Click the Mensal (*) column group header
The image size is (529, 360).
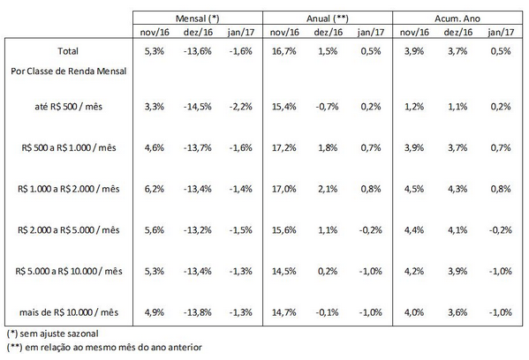(197, 19)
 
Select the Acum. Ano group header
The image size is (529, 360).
(457, 19)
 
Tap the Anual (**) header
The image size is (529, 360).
(328, 19)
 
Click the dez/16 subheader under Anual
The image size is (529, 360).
(328, 32)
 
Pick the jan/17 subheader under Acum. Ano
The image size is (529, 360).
(501, 32)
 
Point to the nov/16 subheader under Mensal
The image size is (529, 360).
(155, 32)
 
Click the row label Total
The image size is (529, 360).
(68, 51)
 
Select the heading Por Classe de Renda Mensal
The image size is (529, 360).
(69, 71)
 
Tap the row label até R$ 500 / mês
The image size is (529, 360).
(69, 107)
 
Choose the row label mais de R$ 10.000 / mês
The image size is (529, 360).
(69, 312)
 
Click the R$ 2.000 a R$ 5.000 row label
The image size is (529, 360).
(69, 230)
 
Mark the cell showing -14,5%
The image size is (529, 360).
(197, 107)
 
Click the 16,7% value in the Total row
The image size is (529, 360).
(284, 51)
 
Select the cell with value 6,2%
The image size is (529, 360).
(155, 189)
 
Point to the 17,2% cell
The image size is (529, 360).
(284, 147)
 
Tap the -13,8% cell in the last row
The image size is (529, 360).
(197, 312)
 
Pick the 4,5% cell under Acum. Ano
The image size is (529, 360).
(414, 189)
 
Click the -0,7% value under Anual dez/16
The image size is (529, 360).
(327, 107)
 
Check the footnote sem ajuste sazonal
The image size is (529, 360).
(53, 334)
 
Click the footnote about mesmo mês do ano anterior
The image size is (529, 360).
(104, 347)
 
